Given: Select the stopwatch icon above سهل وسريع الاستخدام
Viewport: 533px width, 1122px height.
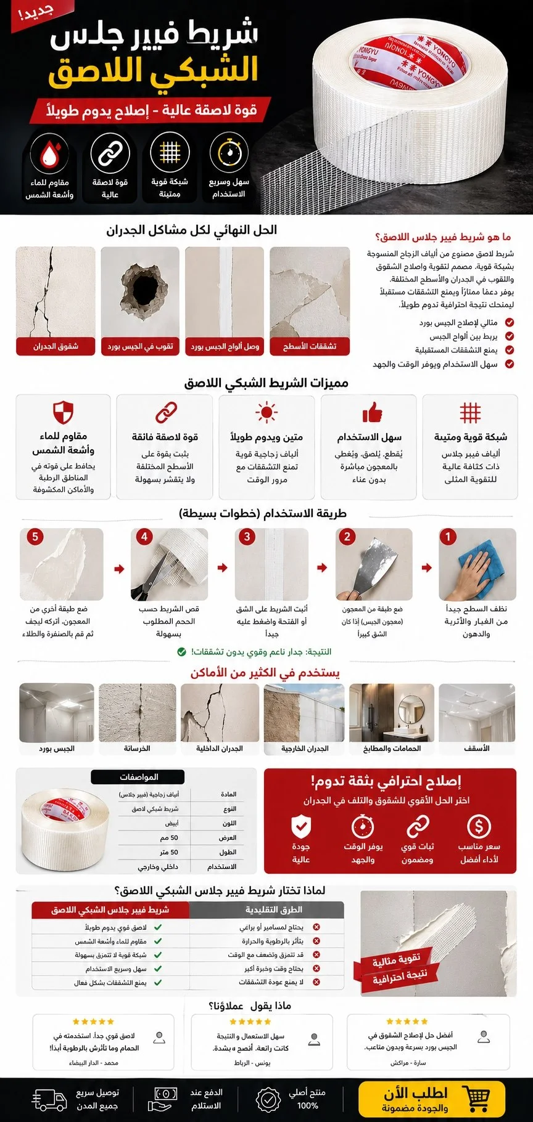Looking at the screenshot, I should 229,153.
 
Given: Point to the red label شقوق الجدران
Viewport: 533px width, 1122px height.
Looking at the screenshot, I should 56,346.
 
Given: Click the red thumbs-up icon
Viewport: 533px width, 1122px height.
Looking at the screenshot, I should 371,412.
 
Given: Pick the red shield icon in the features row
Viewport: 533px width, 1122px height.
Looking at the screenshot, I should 63,412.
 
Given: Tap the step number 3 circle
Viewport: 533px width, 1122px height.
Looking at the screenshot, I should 247,537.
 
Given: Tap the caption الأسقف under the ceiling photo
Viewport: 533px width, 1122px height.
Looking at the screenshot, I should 477,749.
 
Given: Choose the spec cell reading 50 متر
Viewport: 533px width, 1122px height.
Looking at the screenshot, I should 169,852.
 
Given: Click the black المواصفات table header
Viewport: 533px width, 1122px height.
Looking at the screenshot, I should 138,777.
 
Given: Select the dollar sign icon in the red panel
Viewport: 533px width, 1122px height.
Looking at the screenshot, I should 479,826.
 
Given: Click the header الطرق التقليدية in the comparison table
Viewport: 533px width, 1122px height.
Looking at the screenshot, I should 274,909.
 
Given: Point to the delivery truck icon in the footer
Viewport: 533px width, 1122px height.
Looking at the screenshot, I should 49,1099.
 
